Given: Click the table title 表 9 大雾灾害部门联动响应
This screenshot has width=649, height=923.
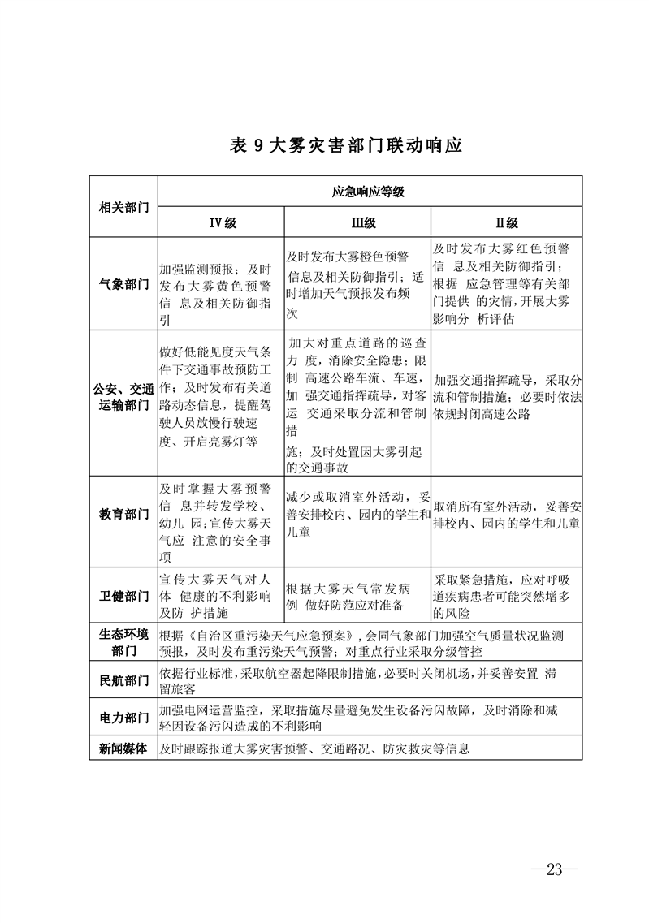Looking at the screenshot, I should [x=346, y=146].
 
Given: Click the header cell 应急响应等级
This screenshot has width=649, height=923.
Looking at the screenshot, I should [x=369, y=192].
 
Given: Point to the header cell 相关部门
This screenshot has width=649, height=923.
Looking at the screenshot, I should [x=123, y=208].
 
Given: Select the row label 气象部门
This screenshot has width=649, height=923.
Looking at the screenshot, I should [x=123, y=285].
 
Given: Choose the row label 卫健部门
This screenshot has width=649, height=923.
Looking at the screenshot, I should [x=123, y=597].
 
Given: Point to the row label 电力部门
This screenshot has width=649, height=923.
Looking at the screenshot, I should [x=123, y=718].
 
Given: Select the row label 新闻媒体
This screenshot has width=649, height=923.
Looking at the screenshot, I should [x=123, y=749].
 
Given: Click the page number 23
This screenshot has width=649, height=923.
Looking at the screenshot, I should [x=555, y=869].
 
